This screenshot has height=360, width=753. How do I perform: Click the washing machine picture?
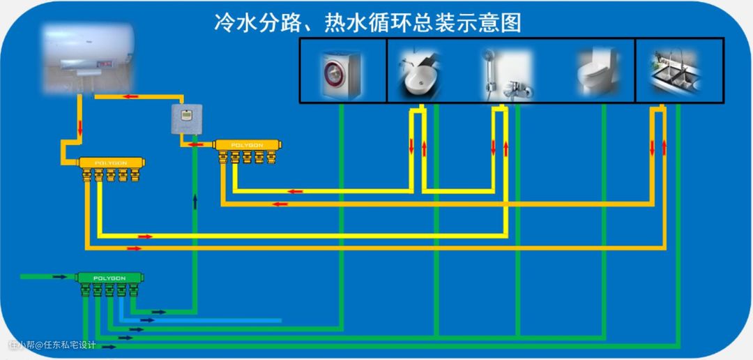tap(341, 71)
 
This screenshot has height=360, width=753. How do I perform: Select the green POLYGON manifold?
tap(108, 278)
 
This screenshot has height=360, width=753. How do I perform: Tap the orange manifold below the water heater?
tap(111, 162)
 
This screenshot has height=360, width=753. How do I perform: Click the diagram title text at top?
tap(367, 22)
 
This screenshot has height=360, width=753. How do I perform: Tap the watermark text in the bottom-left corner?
tap(52, 345)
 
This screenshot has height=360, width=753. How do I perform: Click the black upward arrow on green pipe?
tap(195, 202)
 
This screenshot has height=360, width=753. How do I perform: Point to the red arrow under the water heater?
tap(130, 97)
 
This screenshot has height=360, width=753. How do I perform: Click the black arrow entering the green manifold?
tap(60, 277)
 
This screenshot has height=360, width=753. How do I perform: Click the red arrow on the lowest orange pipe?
tap(134, 248)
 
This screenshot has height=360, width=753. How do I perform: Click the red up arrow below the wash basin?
tap(423, 148)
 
